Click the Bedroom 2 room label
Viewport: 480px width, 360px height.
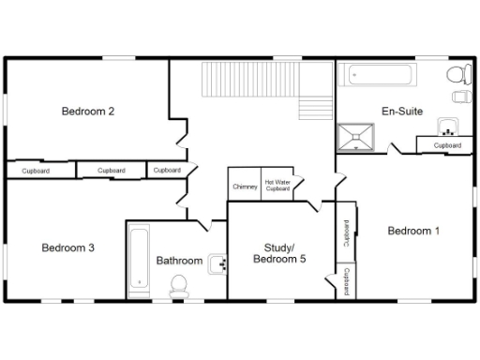tap(88, 112)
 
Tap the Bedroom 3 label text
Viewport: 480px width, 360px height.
tap(67, 248)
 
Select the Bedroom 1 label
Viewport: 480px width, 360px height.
tap(413, 231)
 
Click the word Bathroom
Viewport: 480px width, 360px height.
tap(179, 261)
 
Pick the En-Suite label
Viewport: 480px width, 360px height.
tap(401, 112)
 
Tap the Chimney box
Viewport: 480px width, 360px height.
tap(245, 187)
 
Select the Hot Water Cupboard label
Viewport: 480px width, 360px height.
tap(277, 186)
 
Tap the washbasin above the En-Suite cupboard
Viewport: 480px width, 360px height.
tap(447, 130)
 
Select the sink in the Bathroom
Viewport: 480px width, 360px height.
tap(217, 263)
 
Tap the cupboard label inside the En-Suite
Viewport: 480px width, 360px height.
tap(446, 145)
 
